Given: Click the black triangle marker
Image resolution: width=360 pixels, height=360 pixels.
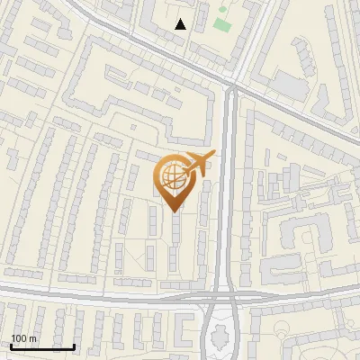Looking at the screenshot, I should click(x=181, y=24).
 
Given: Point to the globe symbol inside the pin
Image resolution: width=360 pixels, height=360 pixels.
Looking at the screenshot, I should click(x=171, y=176).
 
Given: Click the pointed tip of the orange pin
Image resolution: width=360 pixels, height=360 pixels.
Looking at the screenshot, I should click(x=173, y=211).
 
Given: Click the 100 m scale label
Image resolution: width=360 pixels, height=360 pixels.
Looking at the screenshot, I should click(x=23, y=338).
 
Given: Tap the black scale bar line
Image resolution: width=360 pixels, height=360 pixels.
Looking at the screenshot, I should click(x=42, y=346).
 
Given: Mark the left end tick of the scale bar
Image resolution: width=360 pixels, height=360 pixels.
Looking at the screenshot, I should click(x=11, y=346).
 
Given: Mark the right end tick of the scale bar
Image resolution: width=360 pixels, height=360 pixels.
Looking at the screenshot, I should click(x=75, y=346).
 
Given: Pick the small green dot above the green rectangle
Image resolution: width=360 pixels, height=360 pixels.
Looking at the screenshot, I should click(x=222, y=10).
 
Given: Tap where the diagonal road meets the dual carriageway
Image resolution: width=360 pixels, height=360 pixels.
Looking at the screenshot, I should click(x=230, y=86).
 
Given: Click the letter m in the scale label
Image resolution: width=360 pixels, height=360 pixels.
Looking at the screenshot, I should click(x=32, y=339).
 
